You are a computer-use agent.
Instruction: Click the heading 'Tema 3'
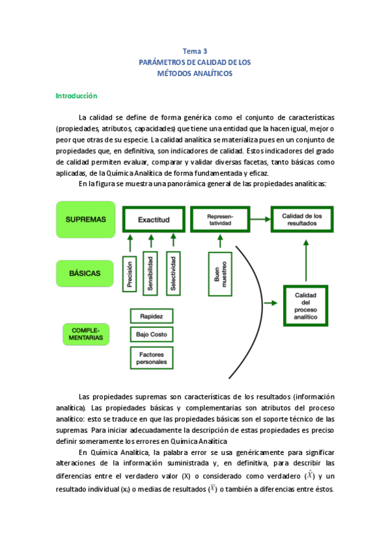tap(195, 51)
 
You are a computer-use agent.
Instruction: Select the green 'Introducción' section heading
tap(76, 96)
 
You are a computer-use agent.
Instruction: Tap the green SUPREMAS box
tap(86, 220)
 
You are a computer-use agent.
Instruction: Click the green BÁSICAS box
tap(85, 273)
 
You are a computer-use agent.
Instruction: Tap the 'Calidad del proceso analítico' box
tap(310, 305)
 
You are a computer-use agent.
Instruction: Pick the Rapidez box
tap(152, 316)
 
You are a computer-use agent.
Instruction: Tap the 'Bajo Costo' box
tap(152, 335)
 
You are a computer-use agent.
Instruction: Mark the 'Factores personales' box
tap(152, 357)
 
